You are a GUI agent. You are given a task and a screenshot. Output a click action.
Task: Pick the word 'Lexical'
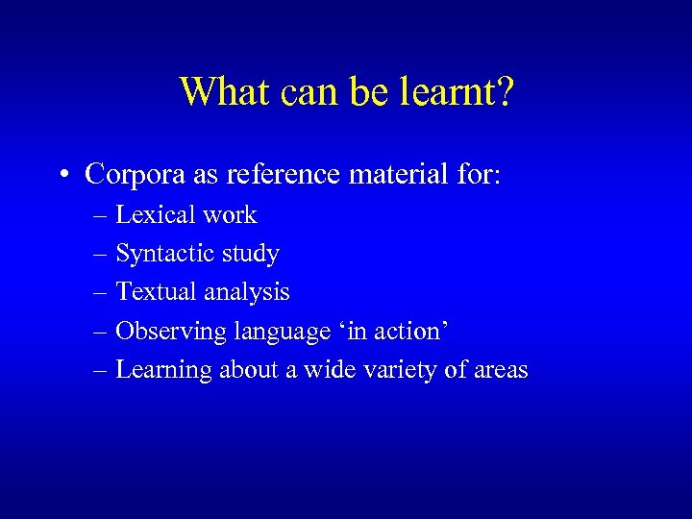(x=151, y=214)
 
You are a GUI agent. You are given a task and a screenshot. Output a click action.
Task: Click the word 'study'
(x=250, y=254)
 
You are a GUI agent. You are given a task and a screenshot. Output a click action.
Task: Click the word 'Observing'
(x=166, y=332)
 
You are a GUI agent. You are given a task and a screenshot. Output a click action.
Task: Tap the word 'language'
(x=274, y=332)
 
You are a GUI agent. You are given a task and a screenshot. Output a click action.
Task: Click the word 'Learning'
(x=164, y=370)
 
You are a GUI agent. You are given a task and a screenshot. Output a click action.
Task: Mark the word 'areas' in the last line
(x=500, y=370)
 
